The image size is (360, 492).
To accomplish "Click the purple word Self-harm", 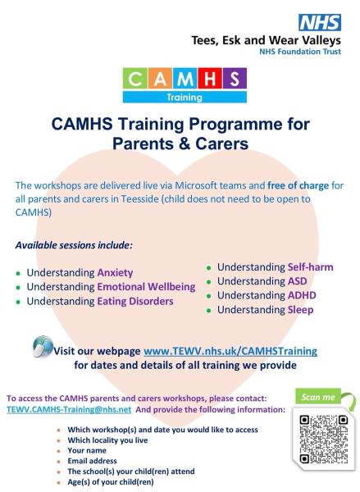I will [310, 267].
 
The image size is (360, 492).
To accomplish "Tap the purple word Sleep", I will [300, 310].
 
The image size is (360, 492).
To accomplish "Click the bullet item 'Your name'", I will [93, 450].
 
